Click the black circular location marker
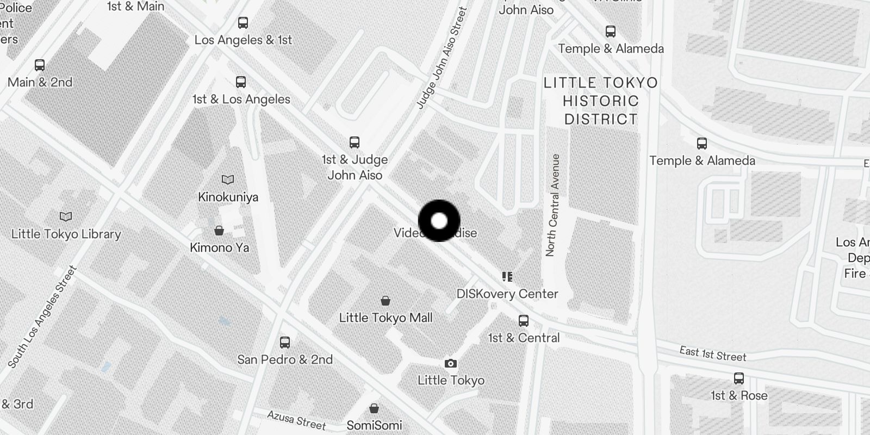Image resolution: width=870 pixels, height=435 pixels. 439,221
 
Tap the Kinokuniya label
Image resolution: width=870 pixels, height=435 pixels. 228,197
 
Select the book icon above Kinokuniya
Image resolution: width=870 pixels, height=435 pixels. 228,179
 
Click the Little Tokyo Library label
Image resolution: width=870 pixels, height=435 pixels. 66,234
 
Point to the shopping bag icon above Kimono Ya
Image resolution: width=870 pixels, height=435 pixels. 219,231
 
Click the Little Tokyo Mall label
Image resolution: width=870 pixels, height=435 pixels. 386,318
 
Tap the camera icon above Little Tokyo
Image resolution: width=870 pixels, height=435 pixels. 450,363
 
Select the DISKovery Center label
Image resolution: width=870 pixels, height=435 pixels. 507,294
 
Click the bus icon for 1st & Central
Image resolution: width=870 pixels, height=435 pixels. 523,320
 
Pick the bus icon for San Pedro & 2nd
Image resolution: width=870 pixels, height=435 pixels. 284,342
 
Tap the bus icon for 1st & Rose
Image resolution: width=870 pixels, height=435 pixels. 738,378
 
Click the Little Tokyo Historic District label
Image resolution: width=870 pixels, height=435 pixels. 600,101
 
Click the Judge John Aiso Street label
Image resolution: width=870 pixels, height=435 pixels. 442,58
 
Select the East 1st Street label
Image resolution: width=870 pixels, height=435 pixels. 712,354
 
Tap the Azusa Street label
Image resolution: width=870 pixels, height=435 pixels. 296,420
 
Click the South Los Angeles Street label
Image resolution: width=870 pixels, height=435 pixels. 43,316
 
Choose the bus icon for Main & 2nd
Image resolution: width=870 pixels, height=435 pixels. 39,65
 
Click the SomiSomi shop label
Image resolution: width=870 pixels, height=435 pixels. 374,425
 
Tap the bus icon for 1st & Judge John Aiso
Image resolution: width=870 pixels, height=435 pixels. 354,142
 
